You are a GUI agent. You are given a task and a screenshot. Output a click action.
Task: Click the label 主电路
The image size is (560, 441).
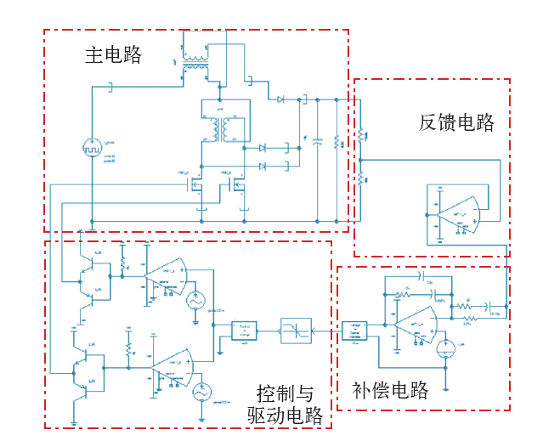113,56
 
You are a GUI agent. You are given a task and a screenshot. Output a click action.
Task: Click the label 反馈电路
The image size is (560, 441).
456,122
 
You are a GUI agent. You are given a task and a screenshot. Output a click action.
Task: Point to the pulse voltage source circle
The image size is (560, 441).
91,147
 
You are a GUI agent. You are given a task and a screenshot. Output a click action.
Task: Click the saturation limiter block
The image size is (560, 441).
295,331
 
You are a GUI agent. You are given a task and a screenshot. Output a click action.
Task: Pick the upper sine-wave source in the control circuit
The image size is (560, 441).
193,300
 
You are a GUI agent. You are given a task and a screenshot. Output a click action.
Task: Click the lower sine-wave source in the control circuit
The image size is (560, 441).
201,392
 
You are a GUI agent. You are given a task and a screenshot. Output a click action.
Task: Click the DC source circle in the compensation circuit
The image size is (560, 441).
446,348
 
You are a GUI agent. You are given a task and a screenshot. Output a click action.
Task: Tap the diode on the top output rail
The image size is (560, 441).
280,99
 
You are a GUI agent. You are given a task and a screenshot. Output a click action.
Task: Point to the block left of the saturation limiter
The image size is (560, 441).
245,331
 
